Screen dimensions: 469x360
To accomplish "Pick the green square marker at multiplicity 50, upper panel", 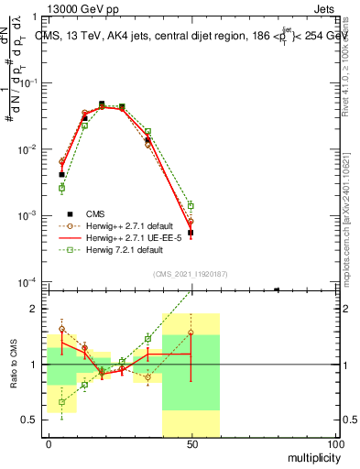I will point(191,206).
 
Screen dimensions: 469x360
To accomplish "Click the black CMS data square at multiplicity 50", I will point(191,233).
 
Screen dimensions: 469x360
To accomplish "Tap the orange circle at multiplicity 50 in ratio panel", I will point(191,333).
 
